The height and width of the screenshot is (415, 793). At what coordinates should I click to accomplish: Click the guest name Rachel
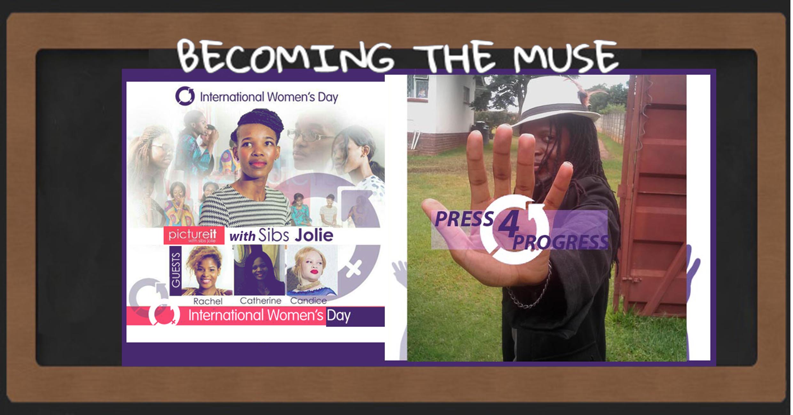[x=208, y=301]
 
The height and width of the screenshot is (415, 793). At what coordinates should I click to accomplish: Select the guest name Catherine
[x=260, y=301]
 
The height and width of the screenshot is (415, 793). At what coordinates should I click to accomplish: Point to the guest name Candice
[x=308, y=301]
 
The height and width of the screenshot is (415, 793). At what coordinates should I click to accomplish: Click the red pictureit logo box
[x=194, y=235]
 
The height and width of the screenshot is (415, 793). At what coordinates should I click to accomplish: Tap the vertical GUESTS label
[x=176, y=270]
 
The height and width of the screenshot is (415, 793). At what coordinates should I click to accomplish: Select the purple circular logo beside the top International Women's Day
[x=185, y=96]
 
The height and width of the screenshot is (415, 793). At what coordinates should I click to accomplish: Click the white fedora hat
[x=556, y=106]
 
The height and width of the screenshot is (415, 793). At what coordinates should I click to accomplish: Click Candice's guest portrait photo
[x=311, y=271]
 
